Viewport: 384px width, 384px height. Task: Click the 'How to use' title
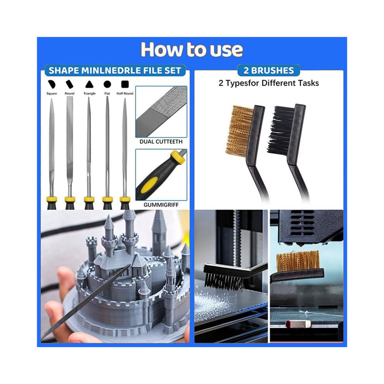tap(192, 50)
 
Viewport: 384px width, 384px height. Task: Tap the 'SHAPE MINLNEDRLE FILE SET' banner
tap(115, 71)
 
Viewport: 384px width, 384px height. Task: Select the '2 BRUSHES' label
tap(269, 70)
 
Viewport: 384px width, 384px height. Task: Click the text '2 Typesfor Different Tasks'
tap(269, 83)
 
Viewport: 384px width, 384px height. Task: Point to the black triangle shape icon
tap(89, 85)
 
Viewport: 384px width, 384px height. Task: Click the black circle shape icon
tap(107, 84)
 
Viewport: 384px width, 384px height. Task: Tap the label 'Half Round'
tap(125, 93)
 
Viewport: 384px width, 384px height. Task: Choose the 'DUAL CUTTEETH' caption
tap(161, 142)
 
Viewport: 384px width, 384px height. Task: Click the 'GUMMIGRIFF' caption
tap(161, 205)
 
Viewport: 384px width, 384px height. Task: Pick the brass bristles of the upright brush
tap(239, 131)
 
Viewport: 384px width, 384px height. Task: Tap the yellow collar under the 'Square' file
tap(52, 199)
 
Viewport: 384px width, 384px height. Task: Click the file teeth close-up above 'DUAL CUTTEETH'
tap(161, 112)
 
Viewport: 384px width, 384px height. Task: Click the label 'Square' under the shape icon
tap(52, 93)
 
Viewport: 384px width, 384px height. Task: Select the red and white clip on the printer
tap(298, 323)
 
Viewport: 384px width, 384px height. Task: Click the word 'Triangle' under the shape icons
tap(89, 93)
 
